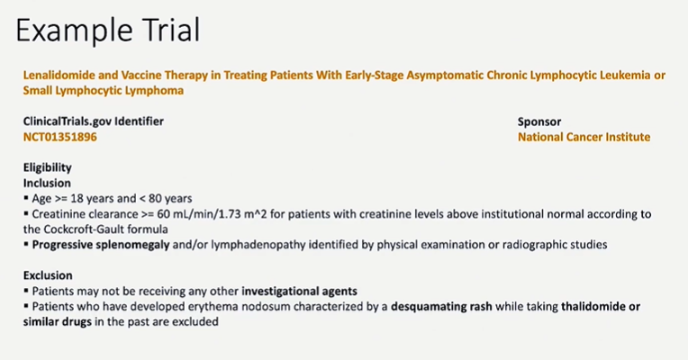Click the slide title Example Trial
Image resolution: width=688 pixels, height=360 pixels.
click(x=107, y=30)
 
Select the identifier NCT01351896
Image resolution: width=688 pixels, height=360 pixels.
click(x=60, y=137)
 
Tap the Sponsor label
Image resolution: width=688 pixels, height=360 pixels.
click(x=539, y=121)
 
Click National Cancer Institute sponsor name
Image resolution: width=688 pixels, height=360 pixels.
click(x=584, y=137)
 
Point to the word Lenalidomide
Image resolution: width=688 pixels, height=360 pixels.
click(x=59, y=75)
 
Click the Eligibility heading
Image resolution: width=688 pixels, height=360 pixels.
click(x=48, y=167)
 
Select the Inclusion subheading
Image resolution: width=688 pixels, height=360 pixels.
click(x=47, y=183)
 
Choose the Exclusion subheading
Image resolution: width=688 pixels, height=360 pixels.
click(x=48, y=275)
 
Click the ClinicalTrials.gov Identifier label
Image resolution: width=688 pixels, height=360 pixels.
click(x=94, y=121)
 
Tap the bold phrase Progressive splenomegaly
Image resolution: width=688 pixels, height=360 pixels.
click(x=101, y=245)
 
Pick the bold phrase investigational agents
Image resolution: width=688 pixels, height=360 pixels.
click(x=299, y=292)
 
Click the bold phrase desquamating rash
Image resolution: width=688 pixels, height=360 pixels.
click(x=441, y=307)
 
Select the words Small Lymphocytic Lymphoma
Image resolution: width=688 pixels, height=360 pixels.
click(x=104, y=91)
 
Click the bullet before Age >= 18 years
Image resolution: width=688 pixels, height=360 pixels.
click(x=26, y=198)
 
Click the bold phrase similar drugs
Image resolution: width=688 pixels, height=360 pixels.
click(x=58, y=322)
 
